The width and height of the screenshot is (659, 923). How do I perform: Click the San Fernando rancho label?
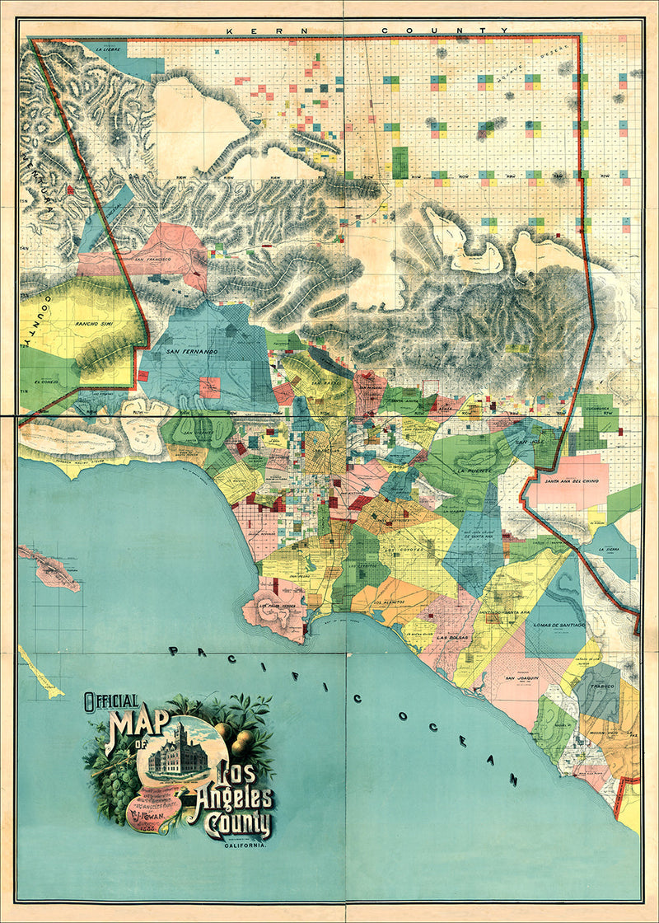(191, 352)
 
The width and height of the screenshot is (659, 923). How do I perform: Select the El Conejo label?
(46, 382)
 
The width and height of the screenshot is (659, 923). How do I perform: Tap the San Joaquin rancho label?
(521, 677)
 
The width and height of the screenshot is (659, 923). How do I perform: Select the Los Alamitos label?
(388, 602)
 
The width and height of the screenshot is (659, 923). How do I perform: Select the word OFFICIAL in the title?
(110, 702)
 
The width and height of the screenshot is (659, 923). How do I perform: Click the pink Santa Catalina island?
(49, 569)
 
